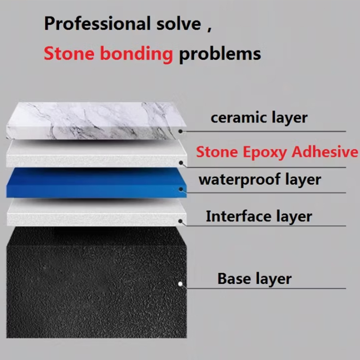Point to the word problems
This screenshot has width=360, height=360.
pos(220,53)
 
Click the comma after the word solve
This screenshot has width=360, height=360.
pos(209,28)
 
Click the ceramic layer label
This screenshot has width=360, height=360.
pos(259,117)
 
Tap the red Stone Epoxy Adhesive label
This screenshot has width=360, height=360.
pos(277,152)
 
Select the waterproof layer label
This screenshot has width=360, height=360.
pos(260,179)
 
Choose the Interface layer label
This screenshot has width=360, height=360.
pos(259,216)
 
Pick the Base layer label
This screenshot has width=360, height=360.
pos(254,279)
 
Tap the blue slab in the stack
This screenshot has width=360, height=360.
pos(93,183)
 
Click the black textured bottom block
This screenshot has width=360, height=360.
pos(93,288)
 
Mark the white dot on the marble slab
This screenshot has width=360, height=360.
pos(181,131)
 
